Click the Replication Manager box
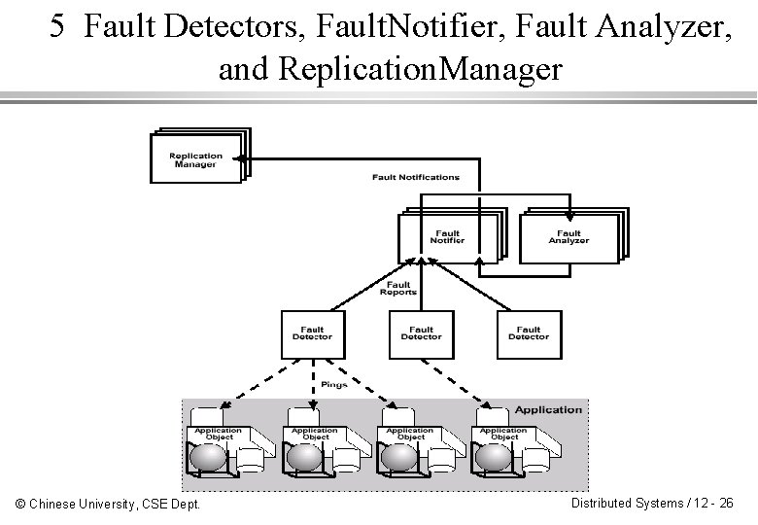tap(195, 159)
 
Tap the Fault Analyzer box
tap(568, 237)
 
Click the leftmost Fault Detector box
tap(312, 334)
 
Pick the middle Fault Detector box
tap(421, 334)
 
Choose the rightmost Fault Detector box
tap(529, 334)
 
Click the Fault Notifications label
tap(416, 177)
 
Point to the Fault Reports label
tap(398, 289)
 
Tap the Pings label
tap(333, 385)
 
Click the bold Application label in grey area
tap(548, 409)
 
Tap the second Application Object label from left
tap(315, 434)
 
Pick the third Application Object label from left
tap(410, 434)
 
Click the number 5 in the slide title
tap(58, 28)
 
